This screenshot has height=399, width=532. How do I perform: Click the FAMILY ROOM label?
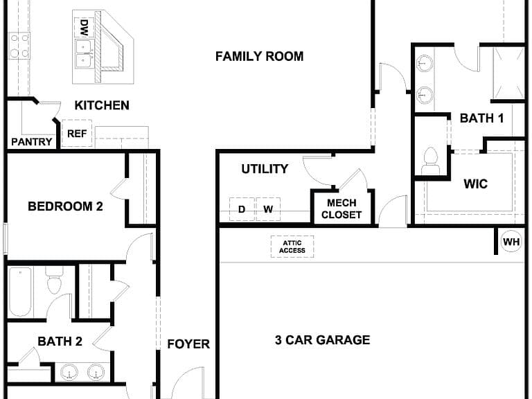tap(260, 56)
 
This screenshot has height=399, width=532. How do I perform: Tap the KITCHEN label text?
tap(102, 105)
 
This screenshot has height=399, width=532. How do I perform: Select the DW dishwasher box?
tap(84, 28)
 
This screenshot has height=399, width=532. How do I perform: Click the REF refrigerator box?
tap(77, 133)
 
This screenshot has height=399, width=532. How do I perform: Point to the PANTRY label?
tap(32, 142)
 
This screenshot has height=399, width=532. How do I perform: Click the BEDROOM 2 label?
tap(66, 206)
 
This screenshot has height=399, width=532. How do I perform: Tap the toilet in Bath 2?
tap(54, 280)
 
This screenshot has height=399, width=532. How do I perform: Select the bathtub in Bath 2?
tap(20, 292)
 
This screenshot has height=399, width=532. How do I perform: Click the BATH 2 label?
tap(60, 342)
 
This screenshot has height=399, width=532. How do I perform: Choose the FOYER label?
tap(188, 344)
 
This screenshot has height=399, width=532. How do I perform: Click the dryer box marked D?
tap(242, 209)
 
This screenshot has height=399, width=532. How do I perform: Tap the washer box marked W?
tap(268, 209)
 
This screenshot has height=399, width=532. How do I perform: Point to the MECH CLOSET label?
tap(342, 209)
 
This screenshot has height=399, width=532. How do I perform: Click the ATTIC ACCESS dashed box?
tap(292, 247)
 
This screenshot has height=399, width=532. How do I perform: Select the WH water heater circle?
tap(511, 242)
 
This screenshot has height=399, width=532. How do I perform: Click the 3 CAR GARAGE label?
tap(322, 340)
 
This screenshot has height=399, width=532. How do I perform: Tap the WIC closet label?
tap(476, 184)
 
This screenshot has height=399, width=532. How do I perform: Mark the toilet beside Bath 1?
tap(431, 161)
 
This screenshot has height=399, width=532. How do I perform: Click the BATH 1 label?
tap(482, 118)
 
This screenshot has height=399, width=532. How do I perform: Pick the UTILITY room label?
tap(265, 169)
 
